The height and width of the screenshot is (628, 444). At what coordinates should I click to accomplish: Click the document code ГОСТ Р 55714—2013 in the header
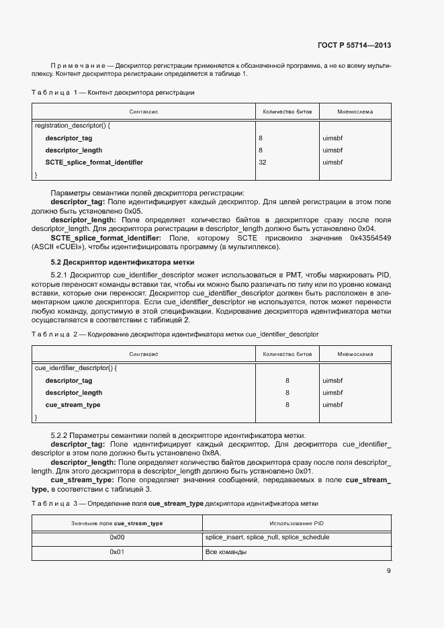click(353, 46)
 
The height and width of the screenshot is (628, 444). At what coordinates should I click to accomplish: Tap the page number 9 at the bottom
click(388, 572)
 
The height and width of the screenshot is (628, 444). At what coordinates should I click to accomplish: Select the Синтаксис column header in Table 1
click(143, 111)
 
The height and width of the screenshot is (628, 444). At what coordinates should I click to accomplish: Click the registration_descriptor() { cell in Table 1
click(72, 126)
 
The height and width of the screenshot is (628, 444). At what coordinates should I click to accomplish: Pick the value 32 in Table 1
click(263, 163)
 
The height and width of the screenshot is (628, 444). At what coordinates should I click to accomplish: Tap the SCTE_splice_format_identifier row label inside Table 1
click(94, 163)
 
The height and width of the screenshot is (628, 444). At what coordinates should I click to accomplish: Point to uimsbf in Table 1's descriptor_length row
click(332, 150)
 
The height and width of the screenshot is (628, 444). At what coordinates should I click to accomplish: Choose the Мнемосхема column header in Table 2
click(355, 354)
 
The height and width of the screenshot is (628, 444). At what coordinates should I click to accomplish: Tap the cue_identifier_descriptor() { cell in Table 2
click(75, 368)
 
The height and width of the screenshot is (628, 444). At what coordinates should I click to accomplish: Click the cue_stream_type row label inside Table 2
click(73, 405)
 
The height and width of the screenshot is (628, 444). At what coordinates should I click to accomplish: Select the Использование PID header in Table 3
click(297, 523)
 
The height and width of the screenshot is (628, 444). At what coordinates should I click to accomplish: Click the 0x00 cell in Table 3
click(117, 537)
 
